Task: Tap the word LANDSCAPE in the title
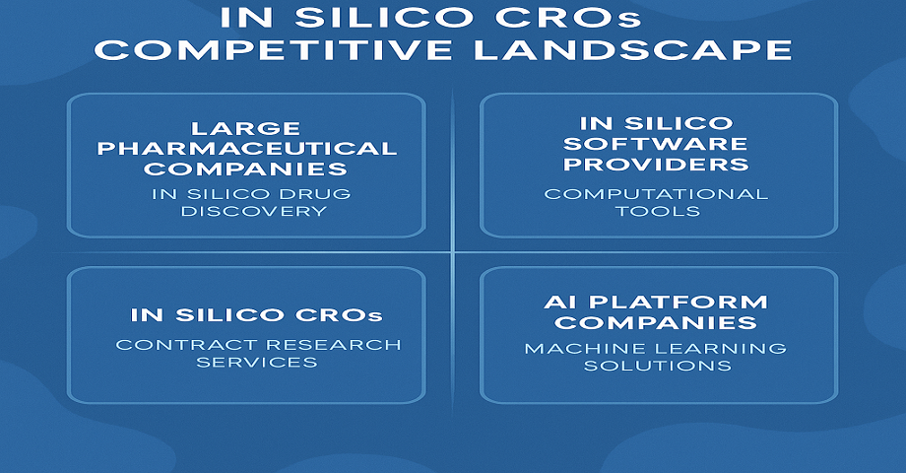[x=632, y=49]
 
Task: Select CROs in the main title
[x=568, y=18]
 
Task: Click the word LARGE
[x=245, y=128]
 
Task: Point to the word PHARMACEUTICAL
[x=247, y=149]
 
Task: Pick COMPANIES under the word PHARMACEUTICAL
[x=245, y=169]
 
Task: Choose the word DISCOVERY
[x=254, y=211]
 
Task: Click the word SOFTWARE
[x=656, y=144]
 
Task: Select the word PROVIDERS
[x=656, y=165]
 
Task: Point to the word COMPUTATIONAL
[x=656, y=194]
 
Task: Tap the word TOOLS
[x=658, y=211]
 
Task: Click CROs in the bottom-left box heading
[x=339, y=315]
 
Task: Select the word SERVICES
[x=257, y=362]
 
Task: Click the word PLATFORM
[x=679, y=303]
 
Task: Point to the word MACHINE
[x=588, y=349]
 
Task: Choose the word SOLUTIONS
[x=658, y=366]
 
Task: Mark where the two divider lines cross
[x=452, y=252]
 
